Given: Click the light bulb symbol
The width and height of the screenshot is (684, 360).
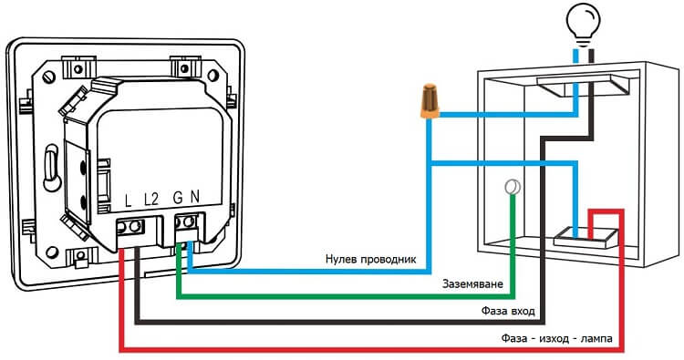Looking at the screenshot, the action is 583,23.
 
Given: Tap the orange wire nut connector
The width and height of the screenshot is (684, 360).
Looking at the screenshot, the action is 430,101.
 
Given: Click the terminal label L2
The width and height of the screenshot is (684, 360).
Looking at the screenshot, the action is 150,200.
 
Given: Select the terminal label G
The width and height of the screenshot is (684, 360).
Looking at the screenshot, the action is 178,198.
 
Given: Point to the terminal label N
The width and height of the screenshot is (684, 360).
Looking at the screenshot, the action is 194,198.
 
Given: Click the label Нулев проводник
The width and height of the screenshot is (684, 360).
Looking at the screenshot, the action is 371,260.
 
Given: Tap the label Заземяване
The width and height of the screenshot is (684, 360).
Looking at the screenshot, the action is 472,284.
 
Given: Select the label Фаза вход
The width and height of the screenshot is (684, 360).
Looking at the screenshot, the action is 508,311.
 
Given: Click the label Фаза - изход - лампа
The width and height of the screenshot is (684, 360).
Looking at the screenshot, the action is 556,338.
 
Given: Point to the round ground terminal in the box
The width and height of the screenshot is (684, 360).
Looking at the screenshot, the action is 513,188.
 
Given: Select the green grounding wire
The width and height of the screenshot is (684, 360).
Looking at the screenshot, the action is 345,297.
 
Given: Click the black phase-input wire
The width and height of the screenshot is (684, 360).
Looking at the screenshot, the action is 340,322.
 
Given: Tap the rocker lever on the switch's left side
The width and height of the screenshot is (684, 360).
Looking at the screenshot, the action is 52,168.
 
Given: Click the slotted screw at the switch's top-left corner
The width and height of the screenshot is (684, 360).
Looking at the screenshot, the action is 49,77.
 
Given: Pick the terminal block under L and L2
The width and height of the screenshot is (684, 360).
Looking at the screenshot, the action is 130,227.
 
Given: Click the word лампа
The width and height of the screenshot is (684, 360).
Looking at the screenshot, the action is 596,339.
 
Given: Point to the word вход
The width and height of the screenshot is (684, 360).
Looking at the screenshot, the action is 522,312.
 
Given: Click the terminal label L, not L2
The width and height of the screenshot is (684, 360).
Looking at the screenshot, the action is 128,201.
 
